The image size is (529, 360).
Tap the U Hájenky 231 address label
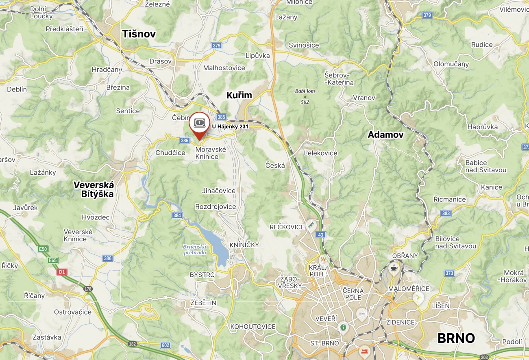(x=230, y=127)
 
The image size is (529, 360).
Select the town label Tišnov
(x=139, y=34)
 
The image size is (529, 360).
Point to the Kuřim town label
(x=239, y=95)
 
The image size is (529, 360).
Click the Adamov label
(x=385, y=134)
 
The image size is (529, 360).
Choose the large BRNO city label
(x=456, y=338)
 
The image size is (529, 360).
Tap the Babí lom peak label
(x=305, y=91)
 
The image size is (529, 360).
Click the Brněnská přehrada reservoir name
(x=195, y=249)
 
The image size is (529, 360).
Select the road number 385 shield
(x=221, y=117)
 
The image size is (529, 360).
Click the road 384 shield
(x=177, y=215)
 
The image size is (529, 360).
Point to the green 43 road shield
(x=321, y=234)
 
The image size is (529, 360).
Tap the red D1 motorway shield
(x=62, y=272)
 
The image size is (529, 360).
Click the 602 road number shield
(x=165, y=345)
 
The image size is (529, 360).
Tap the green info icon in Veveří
(x=343, y=327)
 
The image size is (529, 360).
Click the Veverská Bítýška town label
(x=94, y=189)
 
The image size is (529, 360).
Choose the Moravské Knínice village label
(x=211, y=153)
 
